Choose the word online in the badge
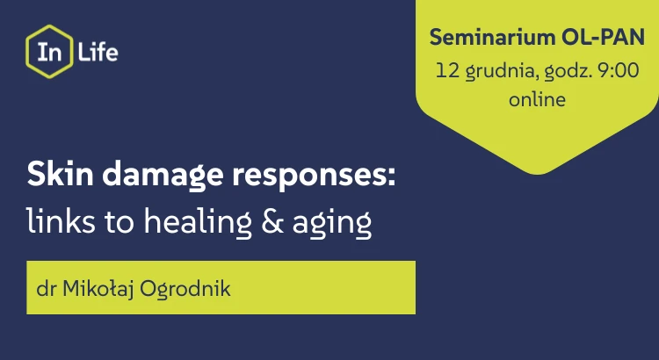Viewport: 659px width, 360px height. pos(536,99)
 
